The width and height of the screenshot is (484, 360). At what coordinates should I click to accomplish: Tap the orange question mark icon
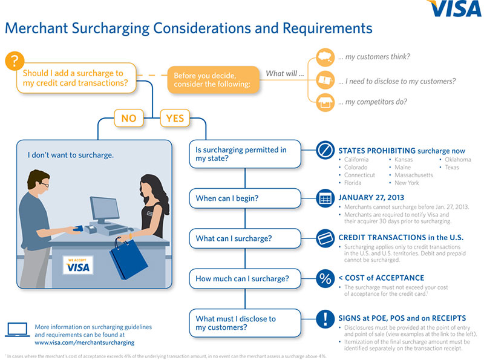tap(15, 62)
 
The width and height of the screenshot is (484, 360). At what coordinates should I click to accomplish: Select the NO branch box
tap(129, 119)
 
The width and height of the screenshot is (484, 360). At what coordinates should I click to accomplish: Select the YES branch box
tap(174, 119)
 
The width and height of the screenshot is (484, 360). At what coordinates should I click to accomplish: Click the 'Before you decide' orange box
tap(213, 80)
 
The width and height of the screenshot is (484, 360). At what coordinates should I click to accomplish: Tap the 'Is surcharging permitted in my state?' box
tap(244, 154)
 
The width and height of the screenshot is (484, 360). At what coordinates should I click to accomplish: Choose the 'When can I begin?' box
tap(244, 198)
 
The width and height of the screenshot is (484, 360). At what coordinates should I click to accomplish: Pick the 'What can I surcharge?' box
tap(244, 238)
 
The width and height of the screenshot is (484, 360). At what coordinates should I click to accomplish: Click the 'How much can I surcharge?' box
tap(244, 279)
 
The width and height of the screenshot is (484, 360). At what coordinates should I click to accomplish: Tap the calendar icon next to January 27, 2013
tap(325, 198)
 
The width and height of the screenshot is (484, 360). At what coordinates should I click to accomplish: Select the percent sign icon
tap(325, 279)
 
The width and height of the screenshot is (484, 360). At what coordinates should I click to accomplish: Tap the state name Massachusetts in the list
tap(414, 175)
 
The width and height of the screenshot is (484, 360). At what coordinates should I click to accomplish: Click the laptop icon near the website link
tap(18, 330)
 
